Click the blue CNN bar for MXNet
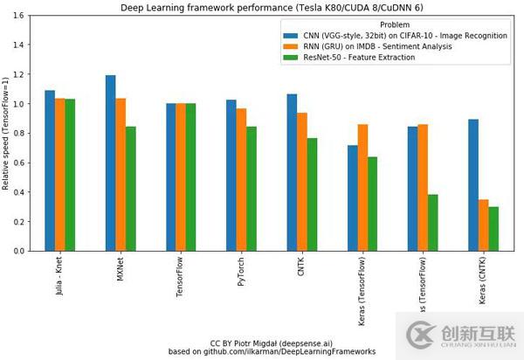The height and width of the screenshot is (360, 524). [110, 163]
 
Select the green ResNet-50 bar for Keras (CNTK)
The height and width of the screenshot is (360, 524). [493, 229]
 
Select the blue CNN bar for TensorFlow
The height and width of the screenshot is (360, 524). [171, 177]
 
